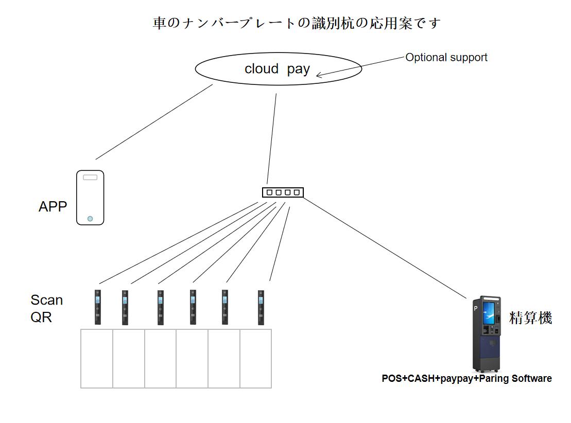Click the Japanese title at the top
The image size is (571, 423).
pos(297,24)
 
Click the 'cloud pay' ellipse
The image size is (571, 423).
pos(278,69)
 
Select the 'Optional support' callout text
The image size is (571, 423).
pos(446,58)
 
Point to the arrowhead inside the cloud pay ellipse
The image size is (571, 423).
pos(319,76)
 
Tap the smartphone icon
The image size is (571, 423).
pos(90,198)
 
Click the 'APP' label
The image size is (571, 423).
pos(53,207)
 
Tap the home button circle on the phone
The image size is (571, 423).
pos(90,219)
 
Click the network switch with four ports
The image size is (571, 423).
pos(283,192)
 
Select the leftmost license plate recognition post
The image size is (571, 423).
pos(98,307)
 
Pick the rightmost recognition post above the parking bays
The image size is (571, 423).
pos(261,307)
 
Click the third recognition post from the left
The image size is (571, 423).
pos(161,307)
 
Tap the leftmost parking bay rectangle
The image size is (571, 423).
pos(97,358)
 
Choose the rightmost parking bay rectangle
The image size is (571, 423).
pos(255,358)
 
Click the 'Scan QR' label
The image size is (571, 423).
pos(46,308)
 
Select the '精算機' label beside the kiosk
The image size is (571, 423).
pos(530,318)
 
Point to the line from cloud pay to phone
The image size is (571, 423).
pos(154,122)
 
